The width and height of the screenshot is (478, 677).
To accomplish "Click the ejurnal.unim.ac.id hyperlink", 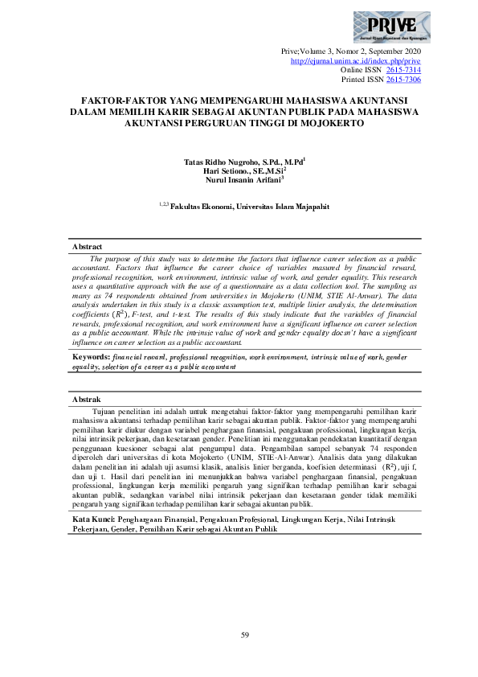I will [354, 60].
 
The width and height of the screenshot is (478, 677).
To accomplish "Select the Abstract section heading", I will [88, 246].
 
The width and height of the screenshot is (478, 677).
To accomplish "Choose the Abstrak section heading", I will [87, 399].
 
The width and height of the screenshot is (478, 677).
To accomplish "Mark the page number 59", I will [246, 636].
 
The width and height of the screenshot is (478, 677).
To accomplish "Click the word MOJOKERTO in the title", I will [327, 124].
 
